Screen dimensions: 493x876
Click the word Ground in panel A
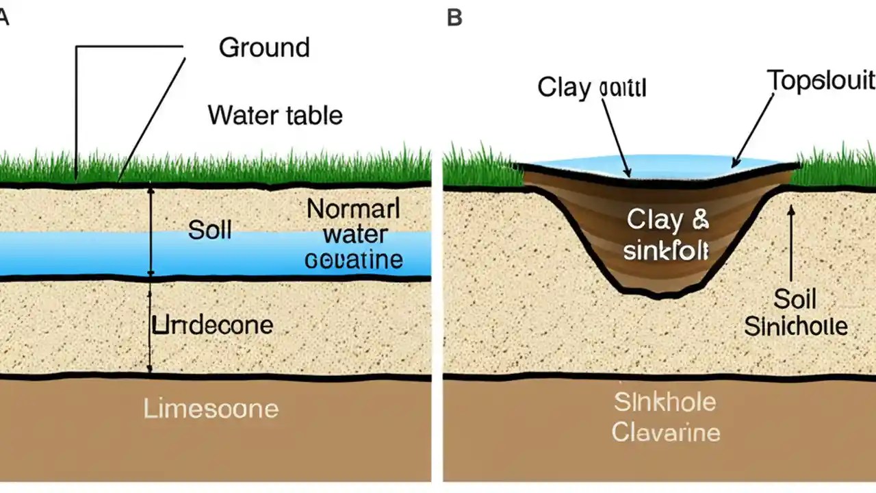point(264,48)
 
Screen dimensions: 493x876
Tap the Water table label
point(275,114)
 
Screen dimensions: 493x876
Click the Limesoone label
point(211,409)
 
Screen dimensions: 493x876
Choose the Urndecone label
point(212,325)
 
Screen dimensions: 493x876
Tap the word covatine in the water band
point(354,260)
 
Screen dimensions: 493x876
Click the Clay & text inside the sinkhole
point(668,220)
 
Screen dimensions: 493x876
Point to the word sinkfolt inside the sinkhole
point(666,250)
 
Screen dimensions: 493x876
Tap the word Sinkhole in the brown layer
point(665,402)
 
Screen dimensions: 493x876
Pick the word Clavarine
point(665,433)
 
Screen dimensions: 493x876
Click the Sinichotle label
point(795,327)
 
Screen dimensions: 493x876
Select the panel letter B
point(454,17)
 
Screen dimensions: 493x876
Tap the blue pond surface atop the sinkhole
point(657,164)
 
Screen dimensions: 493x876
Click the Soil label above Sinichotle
point(795,299)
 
